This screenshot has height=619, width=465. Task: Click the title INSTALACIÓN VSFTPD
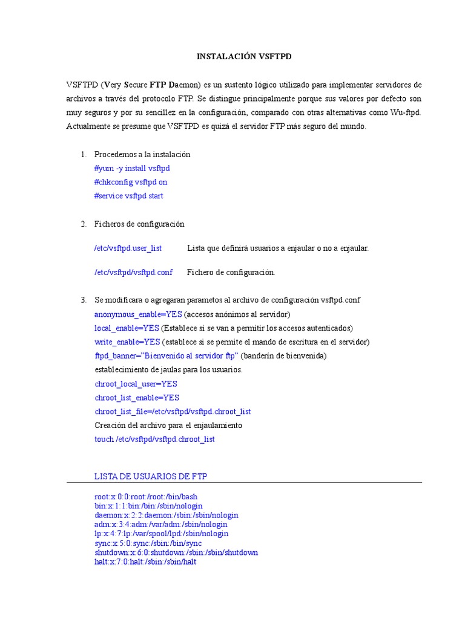(244, 56)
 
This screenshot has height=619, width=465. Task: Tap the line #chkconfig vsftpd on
(130, 182)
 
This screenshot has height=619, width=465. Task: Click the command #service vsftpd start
(128, 196)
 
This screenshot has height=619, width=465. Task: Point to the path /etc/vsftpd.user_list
(128, 248)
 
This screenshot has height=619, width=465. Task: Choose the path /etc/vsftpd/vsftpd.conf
(133, 273)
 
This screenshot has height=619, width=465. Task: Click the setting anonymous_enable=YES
(138, 314)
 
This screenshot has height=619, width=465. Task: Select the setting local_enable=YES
(127, 328)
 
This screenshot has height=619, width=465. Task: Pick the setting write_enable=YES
(127, 342)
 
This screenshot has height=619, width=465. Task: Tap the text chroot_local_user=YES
(136, 384)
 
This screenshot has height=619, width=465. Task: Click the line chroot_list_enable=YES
(137, 398)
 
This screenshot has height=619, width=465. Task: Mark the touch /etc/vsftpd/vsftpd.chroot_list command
(154, 439)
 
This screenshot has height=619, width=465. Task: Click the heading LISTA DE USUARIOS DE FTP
(151, 477)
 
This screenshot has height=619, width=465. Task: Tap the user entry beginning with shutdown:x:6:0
(176, 553)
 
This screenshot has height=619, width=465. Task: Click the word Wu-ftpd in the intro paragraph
(405, 112)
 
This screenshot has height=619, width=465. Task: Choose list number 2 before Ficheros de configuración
(84, 224)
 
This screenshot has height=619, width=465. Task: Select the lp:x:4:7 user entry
(161, 534)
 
